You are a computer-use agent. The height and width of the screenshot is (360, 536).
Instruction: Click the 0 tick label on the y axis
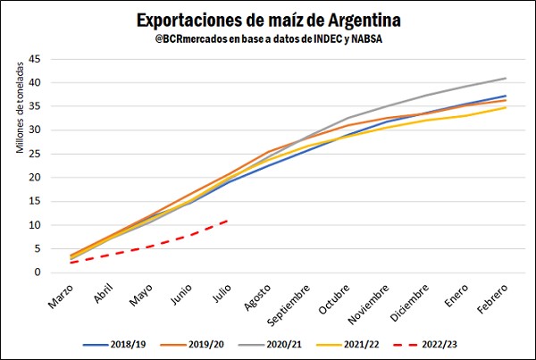pyautogui.click(x=37, y=272)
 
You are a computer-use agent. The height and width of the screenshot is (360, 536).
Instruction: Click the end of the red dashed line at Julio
pyautogui.click(x=229, y=220)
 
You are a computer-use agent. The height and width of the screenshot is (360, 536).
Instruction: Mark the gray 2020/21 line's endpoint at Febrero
pyautogui.click(x=506, y=78)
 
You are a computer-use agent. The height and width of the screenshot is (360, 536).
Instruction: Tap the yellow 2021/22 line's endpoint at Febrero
pyautogui.click(x=506, y=107)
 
